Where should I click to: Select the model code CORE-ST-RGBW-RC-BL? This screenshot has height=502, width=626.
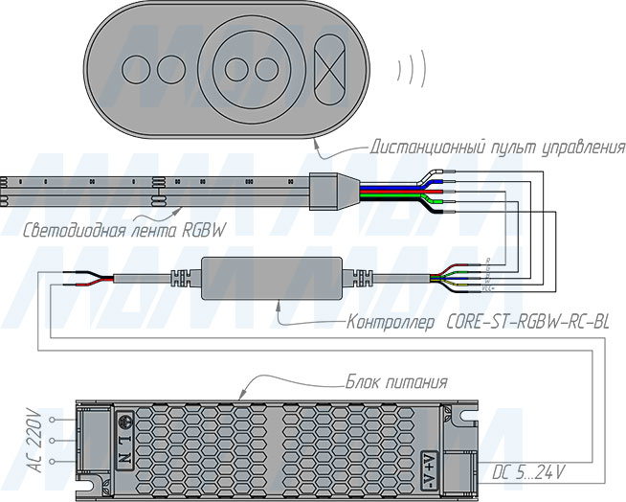528,322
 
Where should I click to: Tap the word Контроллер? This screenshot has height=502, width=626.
392,322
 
